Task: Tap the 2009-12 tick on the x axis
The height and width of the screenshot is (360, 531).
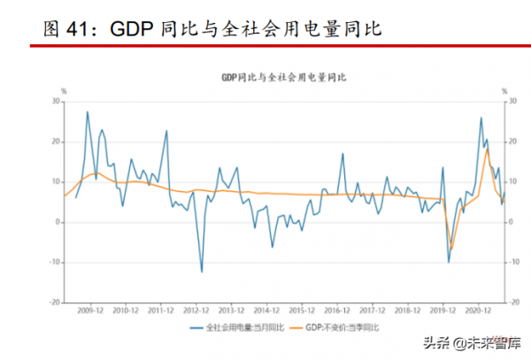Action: tap(90, 311)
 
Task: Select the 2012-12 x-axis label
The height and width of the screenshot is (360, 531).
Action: tap(196, 311)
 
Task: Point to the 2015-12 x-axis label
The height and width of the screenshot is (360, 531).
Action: tap(301, 311)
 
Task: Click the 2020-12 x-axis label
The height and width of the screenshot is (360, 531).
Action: tap(478, 311)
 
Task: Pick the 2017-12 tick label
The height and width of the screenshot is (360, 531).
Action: tap(372, 311)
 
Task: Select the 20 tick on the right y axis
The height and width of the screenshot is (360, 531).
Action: tap(509, 142)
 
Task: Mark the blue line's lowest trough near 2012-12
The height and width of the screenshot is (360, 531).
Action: tap(202, 272)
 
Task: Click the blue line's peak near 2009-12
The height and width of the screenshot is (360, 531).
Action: tap(87, 111)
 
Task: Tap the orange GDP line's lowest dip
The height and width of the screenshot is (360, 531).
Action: tap(451, 249)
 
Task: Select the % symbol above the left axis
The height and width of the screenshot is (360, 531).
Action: tap(63, 91)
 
